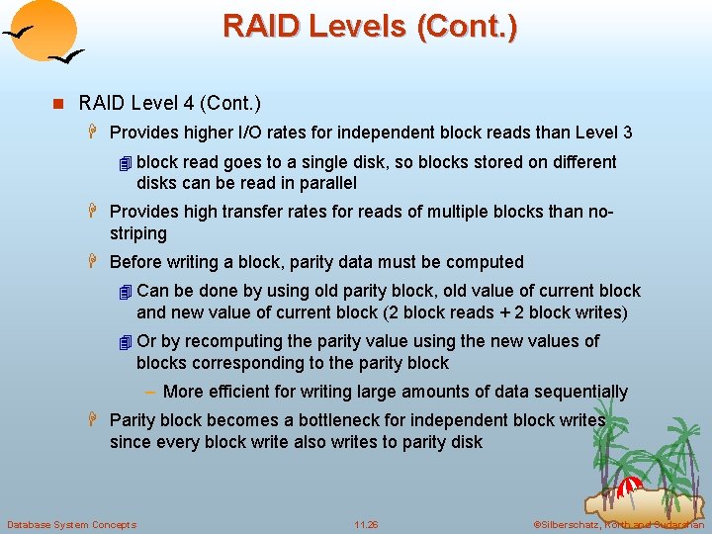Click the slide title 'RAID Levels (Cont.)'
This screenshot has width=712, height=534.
[x=369, y=25]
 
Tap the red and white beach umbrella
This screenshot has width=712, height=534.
[x=629, y=487]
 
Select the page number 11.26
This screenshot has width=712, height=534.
[x=366, y=524]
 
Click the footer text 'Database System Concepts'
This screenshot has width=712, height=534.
[x=71, y=524]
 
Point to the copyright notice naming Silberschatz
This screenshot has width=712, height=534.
[x=618, y=524]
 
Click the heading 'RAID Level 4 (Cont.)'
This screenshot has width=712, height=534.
[x=169, y=103]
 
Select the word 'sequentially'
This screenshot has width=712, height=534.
[x=578, y=392]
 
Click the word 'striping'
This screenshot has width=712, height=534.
[x=138, y=233]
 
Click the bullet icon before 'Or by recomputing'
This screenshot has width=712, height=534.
[x=124, y=342]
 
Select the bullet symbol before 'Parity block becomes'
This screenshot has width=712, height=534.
[x=96, y=420]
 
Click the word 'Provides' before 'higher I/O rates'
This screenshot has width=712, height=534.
[x=142, y=133]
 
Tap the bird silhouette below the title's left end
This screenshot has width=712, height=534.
[x=65, y=58]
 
